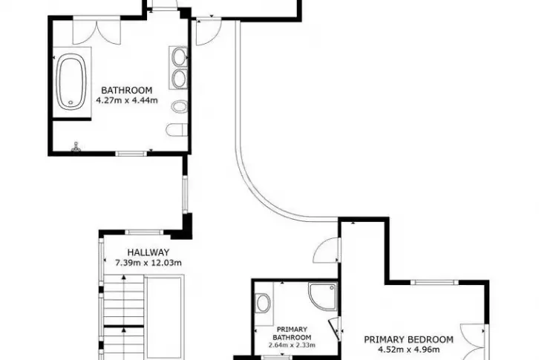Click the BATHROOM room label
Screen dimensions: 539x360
126,91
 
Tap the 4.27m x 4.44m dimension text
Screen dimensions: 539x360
126,101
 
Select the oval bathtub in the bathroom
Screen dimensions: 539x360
71,82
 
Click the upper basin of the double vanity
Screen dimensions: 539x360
179,57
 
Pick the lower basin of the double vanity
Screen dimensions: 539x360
179,79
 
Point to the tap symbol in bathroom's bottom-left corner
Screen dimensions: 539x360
76,147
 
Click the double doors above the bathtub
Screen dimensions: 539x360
97,30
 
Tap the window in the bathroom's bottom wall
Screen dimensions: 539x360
131,154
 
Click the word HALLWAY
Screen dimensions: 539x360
148,252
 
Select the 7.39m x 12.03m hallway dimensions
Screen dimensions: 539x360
148,263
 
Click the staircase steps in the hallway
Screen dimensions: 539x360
124,317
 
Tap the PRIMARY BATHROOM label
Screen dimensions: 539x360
292,333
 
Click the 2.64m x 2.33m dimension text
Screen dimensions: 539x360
292,345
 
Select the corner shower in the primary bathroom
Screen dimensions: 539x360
322,296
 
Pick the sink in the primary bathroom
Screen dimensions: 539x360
264,303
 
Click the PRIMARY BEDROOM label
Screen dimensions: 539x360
409,340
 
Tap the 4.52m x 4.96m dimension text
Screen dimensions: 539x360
409,350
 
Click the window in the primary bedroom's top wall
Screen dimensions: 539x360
434,282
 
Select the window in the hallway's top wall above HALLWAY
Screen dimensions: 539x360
144,232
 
